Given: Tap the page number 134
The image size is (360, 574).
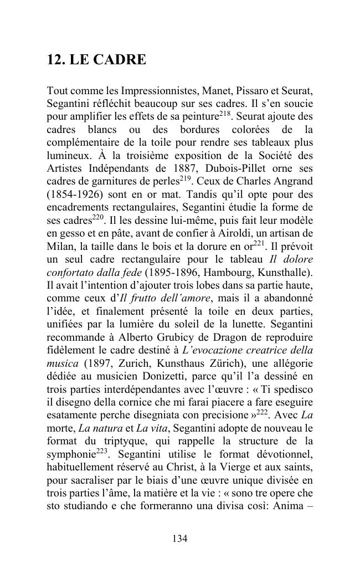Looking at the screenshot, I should point(179,539).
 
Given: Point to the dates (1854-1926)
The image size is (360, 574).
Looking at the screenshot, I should point(73,193).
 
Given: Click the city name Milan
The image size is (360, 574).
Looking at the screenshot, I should point(60,244).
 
